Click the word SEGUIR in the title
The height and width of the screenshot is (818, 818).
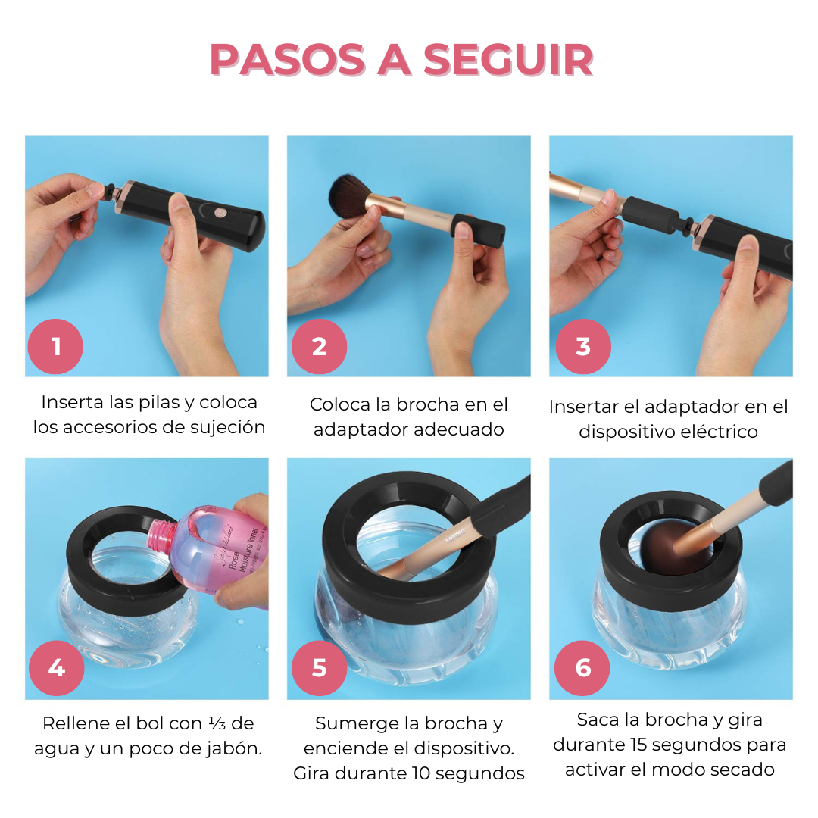coord(508,60)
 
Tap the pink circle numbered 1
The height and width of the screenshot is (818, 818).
coord(55,346)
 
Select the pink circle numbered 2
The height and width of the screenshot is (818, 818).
coord(319,346)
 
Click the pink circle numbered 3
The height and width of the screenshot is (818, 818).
coord(582,346)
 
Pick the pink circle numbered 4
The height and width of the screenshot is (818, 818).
coord(55,668)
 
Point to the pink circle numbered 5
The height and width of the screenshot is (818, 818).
coord(319,668)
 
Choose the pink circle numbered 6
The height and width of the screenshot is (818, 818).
coord(582,668)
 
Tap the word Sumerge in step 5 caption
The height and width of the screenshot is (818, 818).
coord(356,723)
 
